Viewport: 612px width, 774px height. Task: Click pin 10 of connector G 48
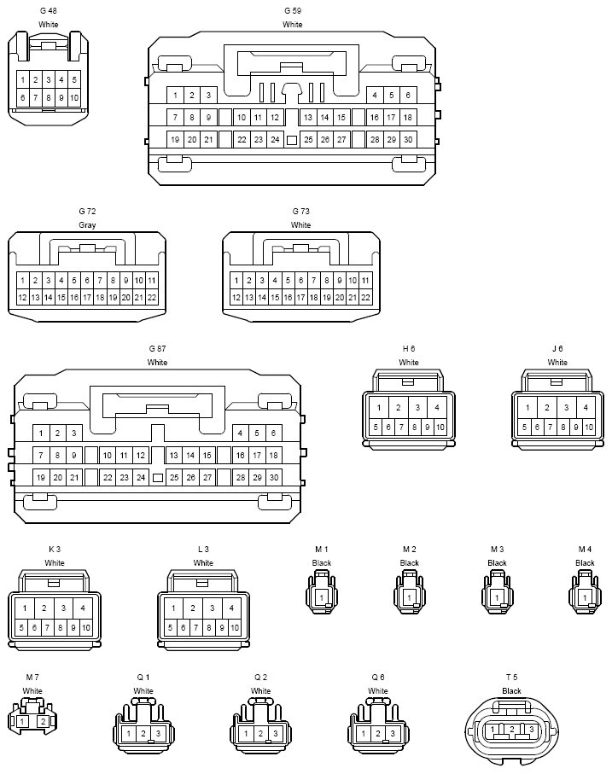tap(74, 98)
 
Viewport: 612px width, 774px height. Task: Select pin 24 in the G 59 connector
tap(275, 140)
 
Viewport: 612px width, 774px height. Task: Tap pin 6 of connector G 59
tap(408, 96)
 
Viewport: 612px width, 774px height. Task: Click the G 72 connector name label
tap(87, 212)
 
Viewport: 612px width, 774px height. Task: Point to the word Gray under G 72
tap(87, 225)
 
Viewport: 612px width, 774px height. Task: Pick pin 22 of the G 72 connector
tap(152, 298)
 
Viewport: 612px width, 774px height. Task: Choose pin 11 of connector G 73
tap(365, 281)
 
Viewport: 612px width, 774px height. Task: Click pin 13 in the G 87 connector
tap(174, 455)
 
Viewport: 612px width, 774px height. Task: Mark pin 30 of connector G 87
tap(274, 477)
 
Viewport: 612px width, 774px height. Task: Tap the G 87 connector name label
tap(157, 348)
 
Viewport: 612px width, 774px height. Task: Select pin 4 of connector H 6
tap(437, 408)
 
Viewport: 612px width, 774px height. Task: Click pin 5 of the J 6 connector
tap(524, 428)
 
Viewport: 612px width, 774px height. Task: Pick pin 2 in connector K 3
tap(44, 608)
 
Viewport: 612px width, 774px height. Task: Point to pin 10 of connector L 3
tap(235, 628)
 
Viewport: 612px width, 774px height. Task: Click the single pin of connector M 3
tap(497, 597)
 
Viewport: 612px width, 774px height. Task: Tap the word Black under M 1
tap(322, 563)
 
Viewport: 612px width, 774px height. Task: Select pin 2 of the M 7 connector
tap(44, 722)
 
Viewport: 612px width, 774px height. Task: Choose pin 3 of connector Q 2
tap(276, 734)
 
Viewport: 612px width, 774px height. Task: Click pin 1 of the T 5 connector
tap(493, 729)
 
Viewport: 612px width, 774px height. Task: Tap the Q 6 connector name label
tap(378, 678)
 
